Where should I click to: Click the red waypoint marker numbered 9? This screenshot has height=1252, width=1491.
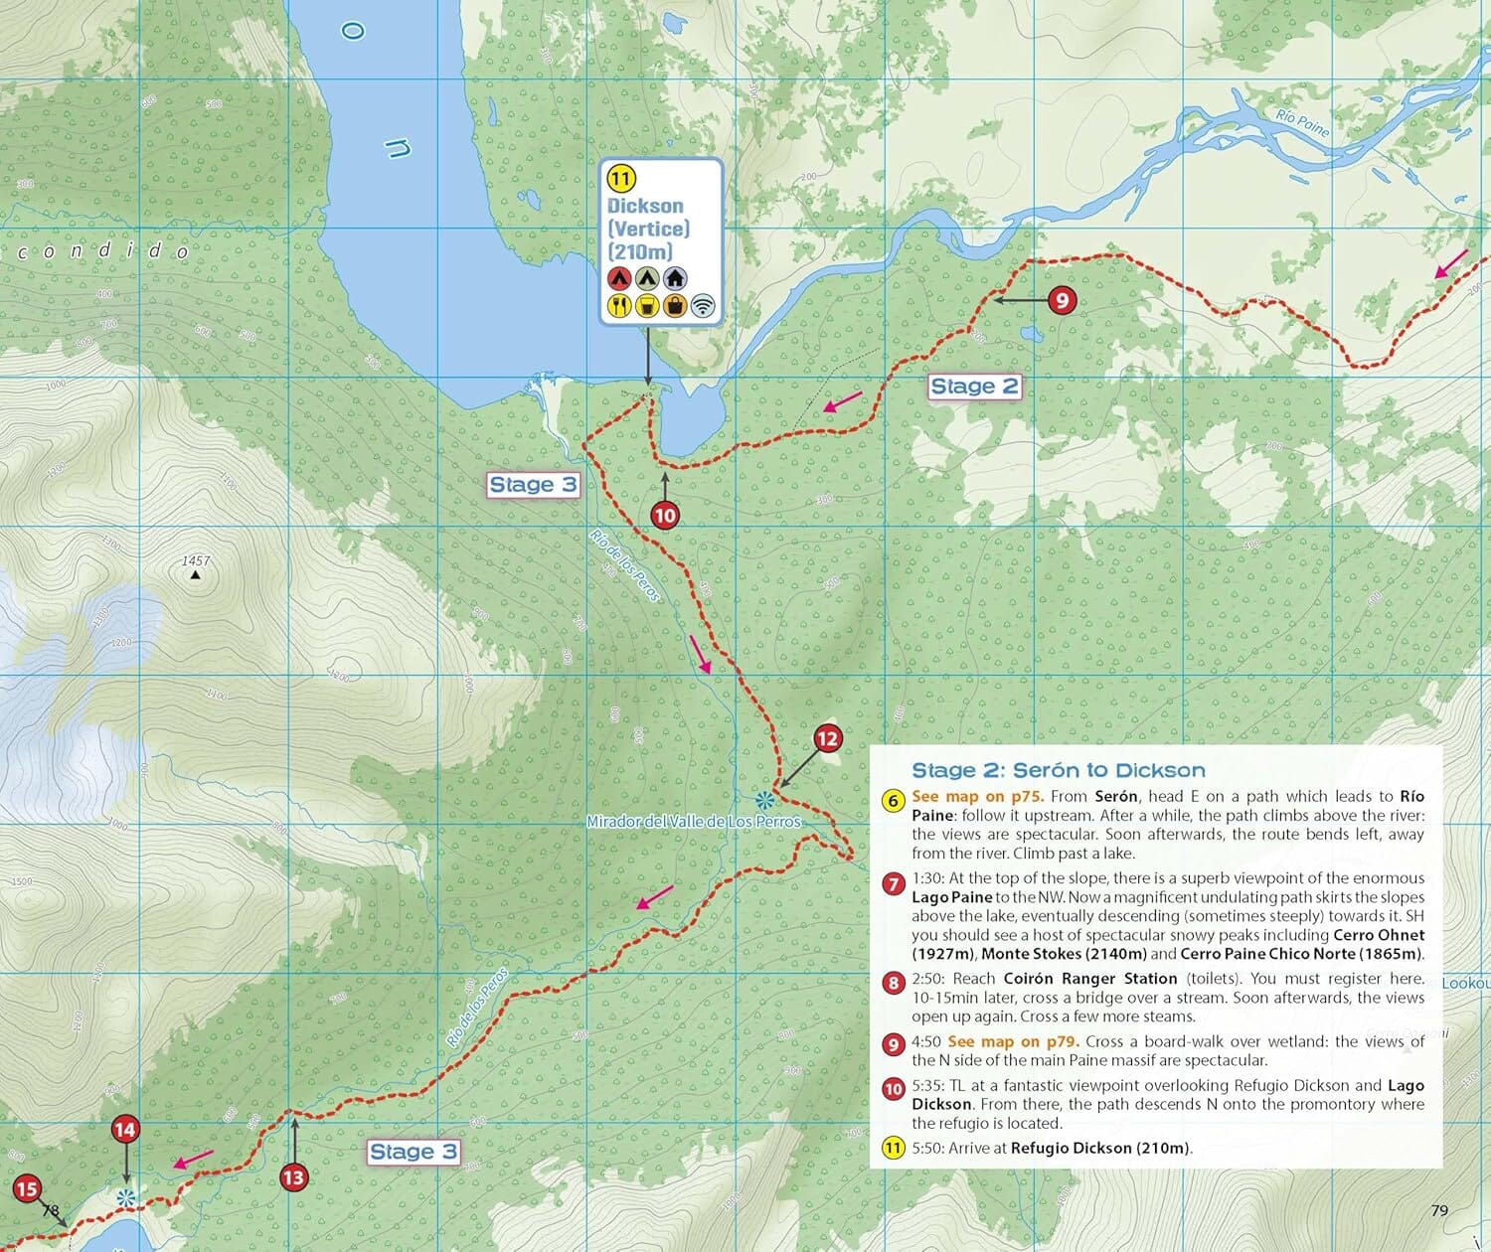[x=1062, y=300]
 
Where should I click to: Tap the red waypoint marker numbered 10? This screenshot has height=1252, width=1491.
[x=664, y=515]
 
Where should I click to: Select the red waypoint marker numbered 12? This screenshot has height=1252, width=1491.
[x=827, y=738]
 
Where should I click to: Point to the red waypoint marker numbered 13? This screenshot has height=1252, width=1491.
[x=293, y=1177]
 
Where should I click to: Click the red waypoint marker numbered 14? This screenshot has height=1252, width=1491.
[x=124, y=1130]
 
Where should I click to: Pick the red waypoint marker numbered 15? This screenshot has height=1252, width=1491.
[x=26, y=1188]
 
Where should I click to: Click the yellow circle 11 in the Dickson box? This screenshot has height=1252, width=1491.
[x=620, y=179]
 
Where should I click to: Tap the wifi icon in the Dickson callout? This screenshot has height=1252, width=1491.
[x=703, y=305]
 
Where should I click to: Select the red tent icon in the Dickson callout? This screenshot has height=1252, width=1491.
[x=619, y=278]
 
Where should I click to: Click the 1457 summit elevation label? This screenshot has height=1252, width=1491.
[x=196, y=561]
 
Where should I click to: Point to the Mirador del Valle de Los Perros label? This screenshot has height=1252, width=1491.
[x=693, y=822]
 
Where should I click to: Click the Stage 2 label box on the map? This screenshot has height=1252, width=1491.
[x=974, y=387]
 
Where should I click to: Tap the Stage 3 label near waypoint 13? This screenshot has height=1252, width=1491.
[x=414, y=1152]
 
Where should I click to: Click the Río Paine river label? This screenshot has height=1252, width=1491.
[x=1301, y=124]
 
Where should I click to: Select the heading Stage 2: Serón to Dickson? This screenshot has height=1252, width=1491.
[x=1058, y=770]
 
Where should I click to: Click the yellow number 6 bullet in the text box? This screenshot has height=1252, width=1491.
[x=894, y=801]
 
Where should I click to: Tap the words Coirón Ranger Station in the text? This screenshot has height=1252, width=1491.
[x=1089, y=979]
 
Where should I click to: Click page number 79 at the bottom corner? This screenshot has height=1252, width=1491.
[x=1438, y=1210]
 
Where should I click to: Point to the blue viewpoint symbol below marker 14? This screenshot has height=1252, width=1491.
[x=125, y=1198]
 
